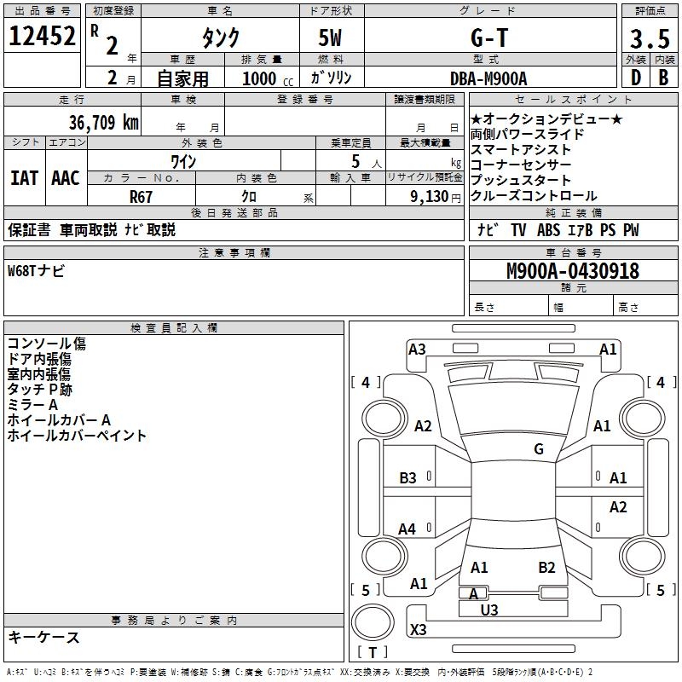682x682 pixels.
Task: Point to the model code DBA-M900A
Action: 488,78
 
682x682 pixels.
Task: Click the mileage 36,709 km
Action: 102,122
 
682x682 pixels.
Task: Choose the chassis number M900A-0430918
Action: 573,271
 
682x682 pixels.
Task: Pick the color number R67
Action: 141,195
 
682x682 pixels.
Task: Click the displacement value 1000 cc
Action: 266,78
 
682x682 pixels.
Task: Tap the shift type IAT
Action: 25,178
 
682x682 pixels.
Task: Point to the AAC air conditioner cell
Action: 66,178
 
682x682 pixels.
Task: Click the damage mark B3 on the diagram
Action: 408,478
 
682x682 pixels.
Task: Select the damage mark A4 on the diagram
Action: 407,529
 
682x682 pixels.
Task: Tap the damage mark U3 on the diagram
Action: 489,610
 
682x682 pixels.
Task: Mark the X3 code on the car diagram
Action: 419,630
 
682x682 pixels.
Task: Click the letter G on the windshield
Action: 539,449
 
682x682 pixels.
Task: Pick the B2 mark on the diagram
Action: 546,567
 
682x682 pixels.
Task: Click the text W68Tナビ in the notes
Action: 36,271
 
